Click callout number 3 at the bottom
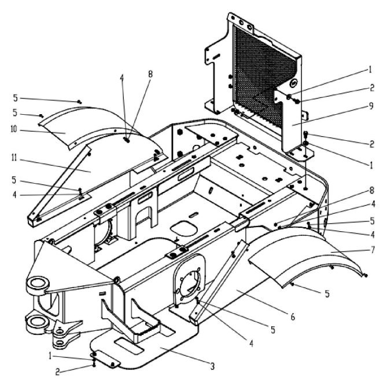click(x=212, y=366)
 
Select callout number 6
click(x=293, y=316)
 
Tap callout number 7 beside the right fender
click(x=372, y=250)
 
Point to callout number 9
click(x=371, y=106)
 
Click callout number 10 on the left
click(x=14, y=129)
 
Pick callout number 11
click(x=14, y=158)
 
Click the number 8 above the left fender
click(x=150, y=74)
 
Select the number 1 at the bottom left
click(x=50, y=356)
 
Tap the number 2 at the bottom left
click(x=57, y=372)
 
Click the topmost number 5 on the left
click(x=16, y=98)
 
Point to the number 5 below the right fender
click(x=327, y=294)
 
